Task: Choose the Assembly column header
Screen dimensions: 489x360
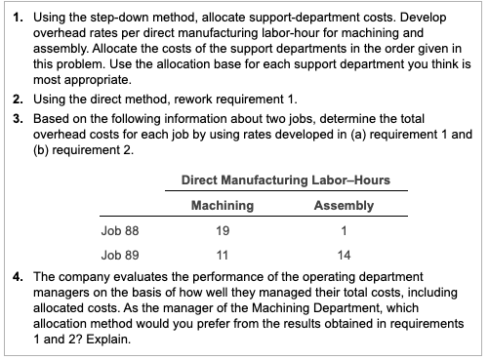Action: [345, 206]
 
